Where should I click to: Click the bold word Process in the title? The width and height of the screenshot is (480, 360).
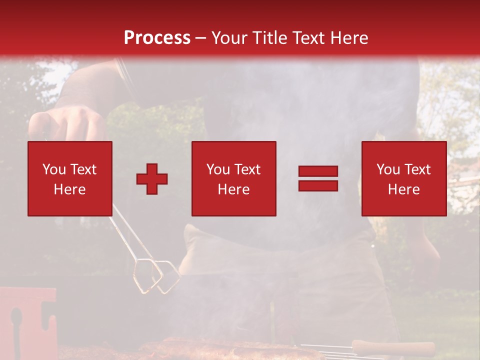tap(157, 37)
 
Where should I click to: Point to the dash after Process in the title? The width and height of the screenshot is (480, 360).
tap(200, 38)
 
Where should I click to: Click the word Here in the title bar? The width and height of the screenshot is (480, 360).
tap(348, 37)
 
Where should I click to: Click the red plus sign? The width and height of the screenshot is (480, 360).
tap(152, 179)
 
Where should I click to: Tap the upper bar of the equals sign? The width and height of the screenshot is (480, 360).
tap(318, 171)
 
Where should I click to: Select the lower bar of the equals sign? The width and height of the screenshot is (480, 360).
tap(318, 185)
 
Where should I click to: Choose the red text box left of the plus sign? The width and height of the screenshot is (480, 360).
tap(70, 178)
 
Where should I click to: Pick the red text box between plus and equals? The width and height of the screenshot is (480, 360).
tap(234, 178)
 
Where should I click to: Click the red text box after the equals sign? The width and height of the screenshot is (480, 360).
tap(404, 178)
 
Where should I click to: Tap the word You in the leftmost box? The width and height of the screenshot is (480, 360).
tap(53, 169)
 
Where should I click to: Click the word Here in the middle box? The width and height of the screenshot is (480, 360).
tap(234, 189)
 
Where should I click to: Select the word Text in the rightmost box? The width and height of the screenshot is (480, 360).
tap(416, 169)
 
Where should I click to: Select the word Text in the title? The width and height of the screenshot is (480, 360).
tap(305, 37)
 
